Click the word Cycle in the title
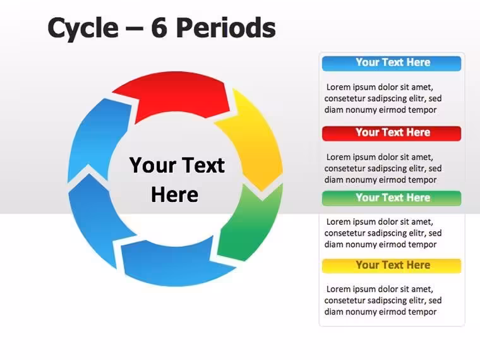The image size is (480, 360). click(83, 28)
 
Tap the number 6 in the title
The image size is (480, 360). click(159, 28)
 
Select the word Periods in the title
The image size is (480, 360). click(226, 28)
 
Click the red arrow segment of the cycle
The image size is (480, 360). click(174, 93)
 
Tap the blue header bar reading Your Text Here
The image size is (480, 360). click(392, 63)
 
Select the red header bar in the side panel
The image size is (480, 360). click(392, 133)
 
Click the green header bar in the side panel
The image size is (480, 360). click(392, 198)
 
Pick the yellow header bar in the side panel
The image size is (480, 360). click(392, 266)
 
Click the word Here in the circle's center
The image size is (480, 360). click(174, 195)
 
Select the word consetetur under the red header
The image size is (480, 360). click(344, 169)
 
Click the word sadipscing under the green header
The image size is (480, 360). click(387, 233)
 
